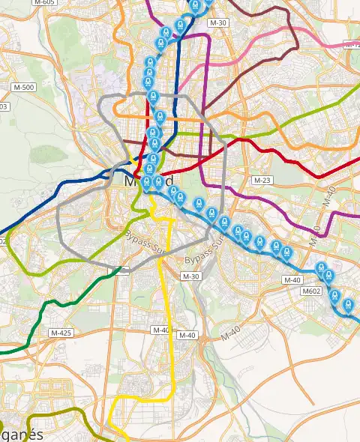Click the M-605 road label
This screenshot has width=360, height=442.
[x=45, y=2]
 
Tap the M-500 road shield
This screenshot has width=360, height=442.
[x=24, y=88]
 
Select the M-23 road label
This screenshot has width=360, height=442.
[x=262, y=181]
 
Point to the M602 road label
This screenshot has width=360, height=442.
[x=311, y=291]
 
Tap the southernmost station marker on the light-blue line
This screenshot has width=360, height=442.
[x=348, y=305]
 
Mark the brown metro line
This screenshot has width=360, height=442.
[x=247, y=67]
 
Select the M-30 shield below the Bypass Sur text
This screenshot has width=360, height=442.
[x=191, y=276]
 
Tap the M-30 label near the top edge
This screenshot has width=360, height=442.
[x=218, y=24]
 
